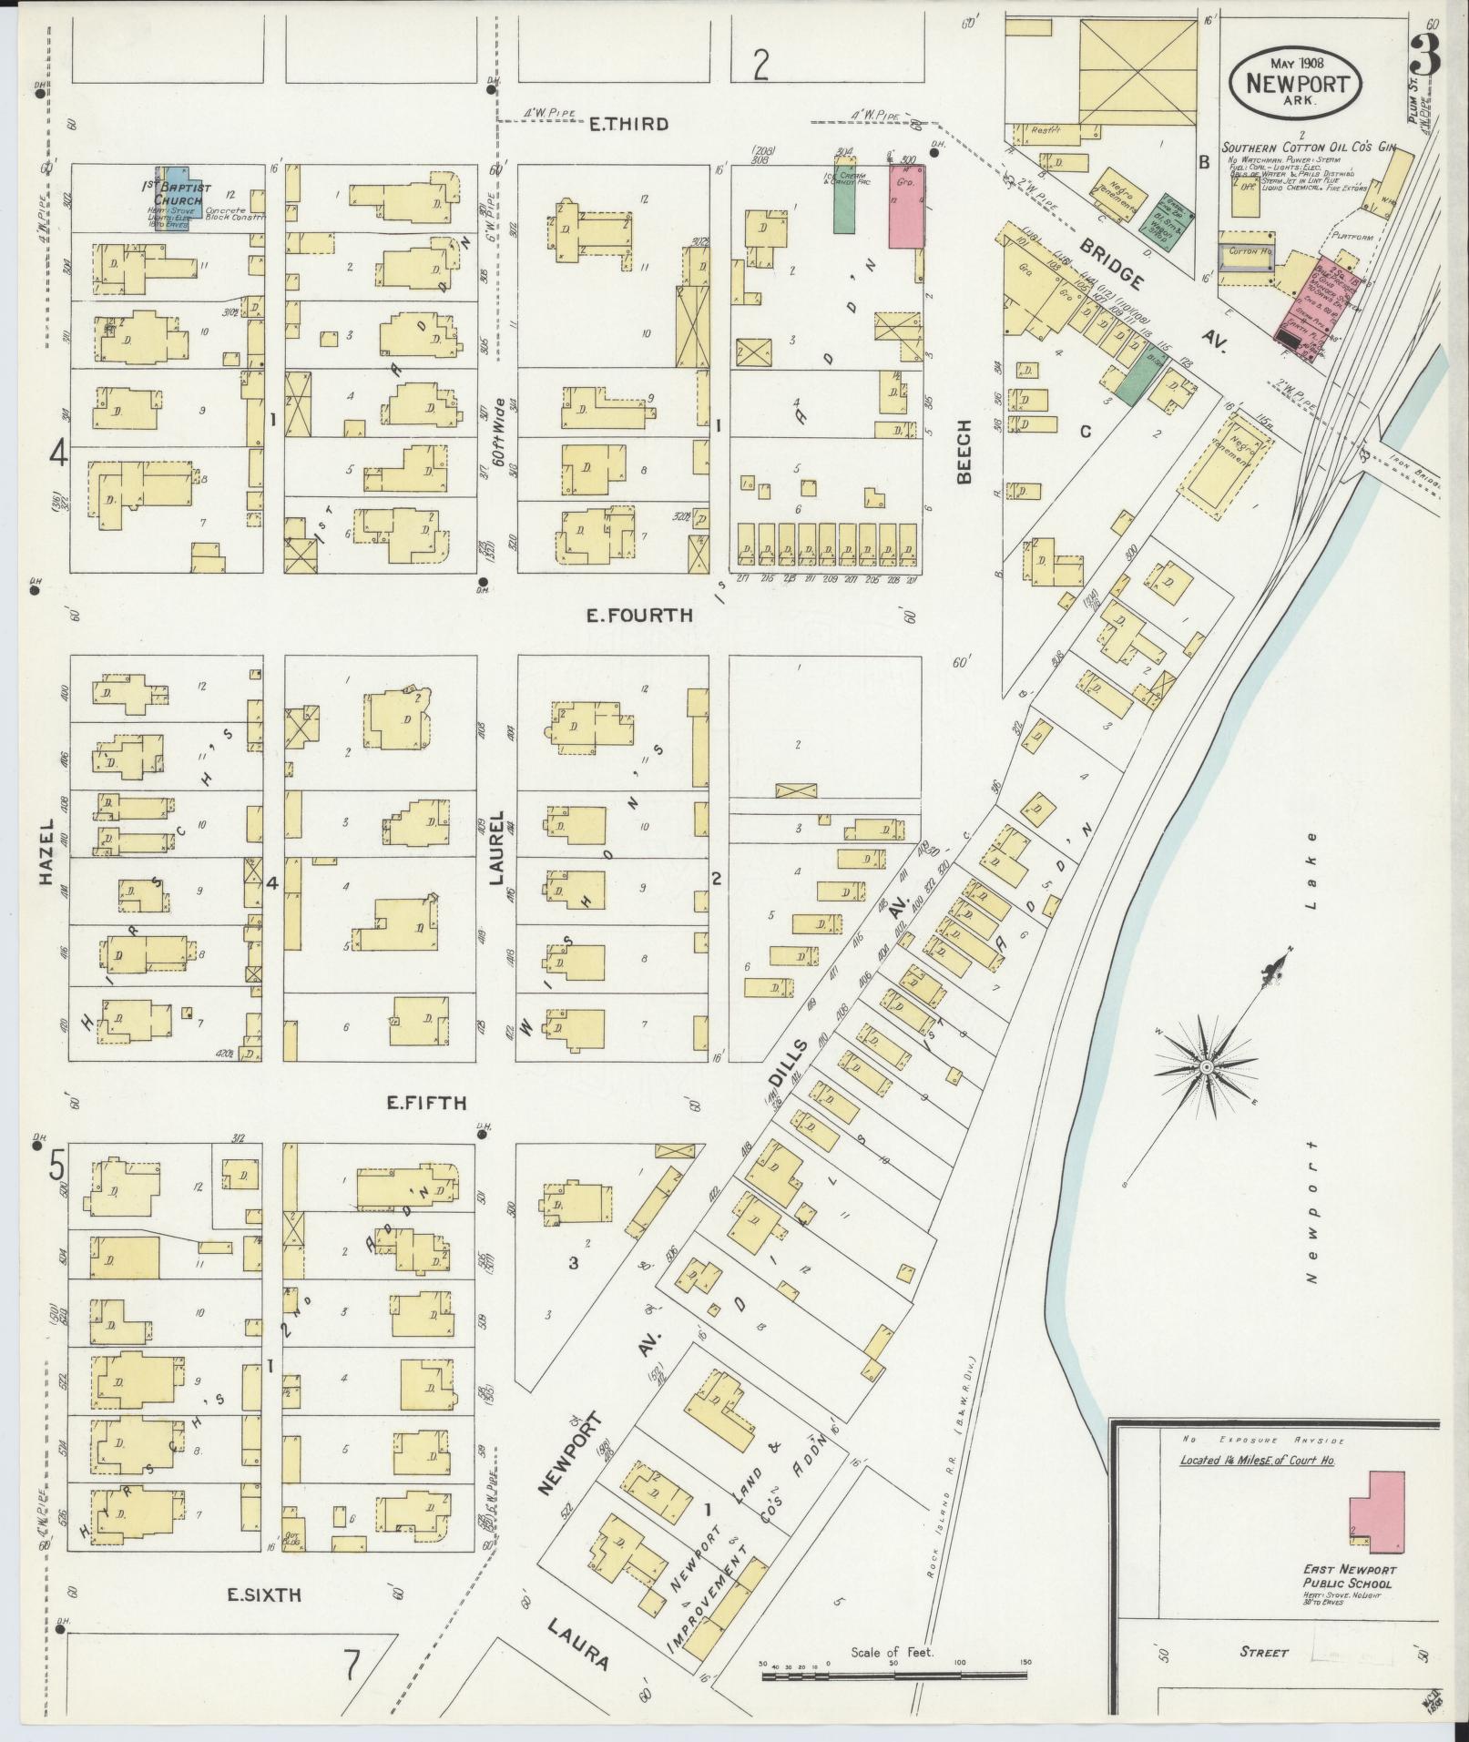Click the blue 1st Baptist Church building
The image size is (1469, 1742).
173,199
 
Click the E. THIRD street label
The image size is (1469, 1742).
628,124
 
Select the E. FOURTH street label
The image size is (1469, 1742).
638,616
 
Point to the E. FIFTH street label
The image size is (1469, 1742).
426,1103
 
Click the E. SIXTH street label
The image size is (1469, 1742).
263,1594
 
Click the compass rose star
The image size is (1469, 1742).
1205,1066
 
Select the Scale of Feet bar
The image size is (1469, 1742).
893,1674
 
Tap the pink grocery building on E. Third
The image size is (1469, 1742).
907,206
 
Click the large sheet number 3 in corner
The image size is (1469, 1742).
1425,56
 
